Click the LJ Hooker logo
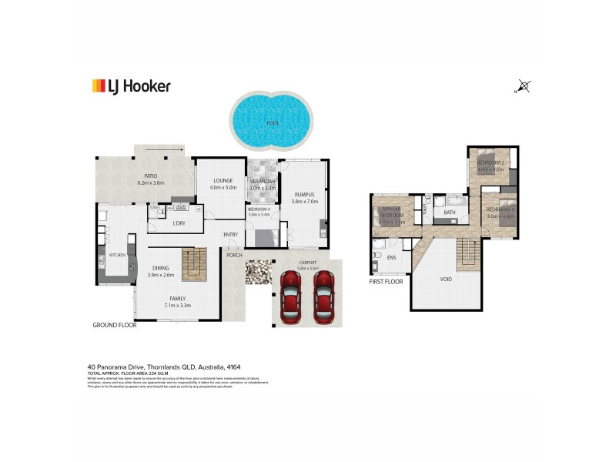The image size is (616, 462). (x=131, y=85)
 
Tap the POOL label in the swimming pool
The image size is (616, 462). (x=272, y=123)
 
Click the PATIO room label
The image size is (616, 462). (x=150, y=176)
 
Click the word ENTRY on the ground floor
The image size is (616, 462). (x=231, y=235)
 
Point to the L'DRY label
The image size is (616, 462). (x=179, y=223)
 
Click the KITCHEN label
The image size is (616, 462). (x=117, y=254)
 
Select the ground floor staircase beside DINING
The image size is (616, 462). (x=195, y=264)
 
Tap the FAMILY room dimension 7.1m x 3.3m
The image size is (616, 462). (x=177, y=306)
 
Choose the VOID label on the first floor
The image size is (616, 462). (x=446, y=280)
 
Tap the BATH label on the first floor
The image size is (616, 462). (x=450, y=212)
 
